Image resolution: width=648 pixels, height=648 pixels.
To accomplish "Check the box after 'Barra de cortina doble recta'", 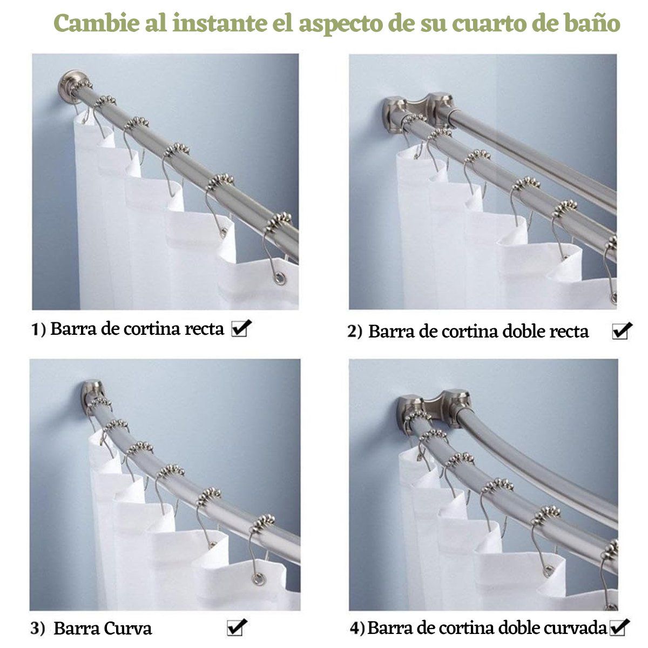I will pyautogui.click(x=621, y=331).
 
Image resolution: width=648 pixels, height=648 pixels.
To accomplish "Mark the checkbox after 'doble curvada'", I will pyautogui.click(x=619, y=627).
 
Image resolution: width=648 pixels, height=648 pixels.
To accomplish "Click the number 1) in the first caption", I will pyautogui.click(x=37, y=329).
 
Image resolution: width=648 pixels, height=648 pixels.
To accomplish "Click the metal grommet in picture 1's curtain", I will pyautogui.click(x=280, y=279).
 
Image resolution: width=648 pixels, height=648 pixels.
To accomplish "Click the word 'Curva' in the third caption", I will pyautogui.click(x=127, y=629).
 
